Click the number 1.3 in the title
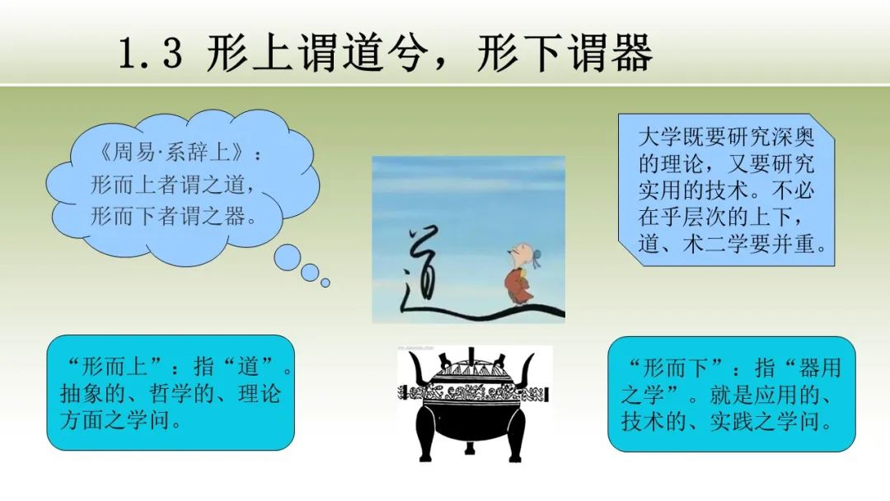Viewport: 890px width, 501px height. pyautogui.click(x=151, y=54)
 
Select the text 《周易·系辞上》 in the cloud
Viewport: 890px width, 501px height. pyautogui.click(x=171, y=152)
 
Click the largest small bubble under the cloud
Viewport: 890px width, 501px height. pyautogui.click(x=288, y=258)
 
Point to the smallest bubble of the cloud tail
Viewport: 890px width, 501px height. pyautogui.click(x=326, y=282)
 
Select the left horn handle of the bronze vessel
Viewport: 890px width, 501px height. pyautogui.click(x=419, y=369)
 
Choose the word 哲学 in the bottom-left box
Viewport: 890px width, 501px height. pyautogui.click(x=171, y=393)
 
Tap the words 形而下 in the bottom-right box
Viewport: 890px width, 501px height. pyautogui.click(x=676, y=368)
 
